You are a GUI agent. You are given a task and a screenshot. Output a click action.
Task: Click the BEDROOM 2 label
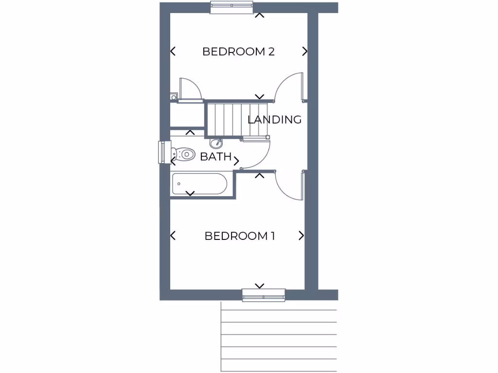click(x=238, y=51)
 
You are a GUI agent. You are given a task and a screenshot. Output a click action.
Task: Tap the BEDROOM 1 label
click(x=240, y=236)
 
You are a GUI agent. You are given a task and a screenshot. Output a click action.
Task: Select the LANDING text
click(x=275, y=119)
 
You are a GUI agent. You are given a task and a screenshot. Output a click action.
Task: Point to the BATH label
click(x=215, y=157)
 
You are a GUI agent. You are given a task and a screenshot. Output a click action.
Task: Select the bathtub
click(x=199, y=184)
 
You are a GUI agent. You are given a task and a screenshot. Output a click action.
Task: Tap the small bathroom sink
click(x=216, y=143)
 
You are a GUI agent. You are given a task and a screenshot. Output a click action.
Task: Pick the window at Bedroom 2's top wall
click(x=231, y=7)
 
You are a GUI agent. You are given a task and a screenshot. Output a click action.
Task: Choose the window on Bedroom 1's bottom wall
click(x=264, y=295)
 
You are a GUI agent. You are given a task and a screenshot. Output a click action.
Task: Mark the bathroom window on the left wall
click(x=162, y=152)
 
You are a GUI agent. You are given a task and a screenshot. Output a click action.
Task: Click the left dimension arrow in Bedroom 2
click(x=173, y=51)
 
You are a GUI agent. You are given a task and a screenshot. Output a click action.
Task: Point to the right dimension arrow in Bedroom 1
click(x=301, y=236)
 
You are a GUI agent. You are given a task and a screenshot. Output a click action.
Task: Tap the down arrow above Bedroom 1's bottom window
click(x=260, y=286)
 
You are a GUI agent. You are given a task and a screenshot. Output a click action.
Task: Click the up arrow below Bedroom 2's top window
click(x=260, y=16)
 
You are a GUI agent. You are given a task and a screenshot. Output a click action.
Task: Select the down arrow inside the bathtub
click(x=190, y=193)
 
